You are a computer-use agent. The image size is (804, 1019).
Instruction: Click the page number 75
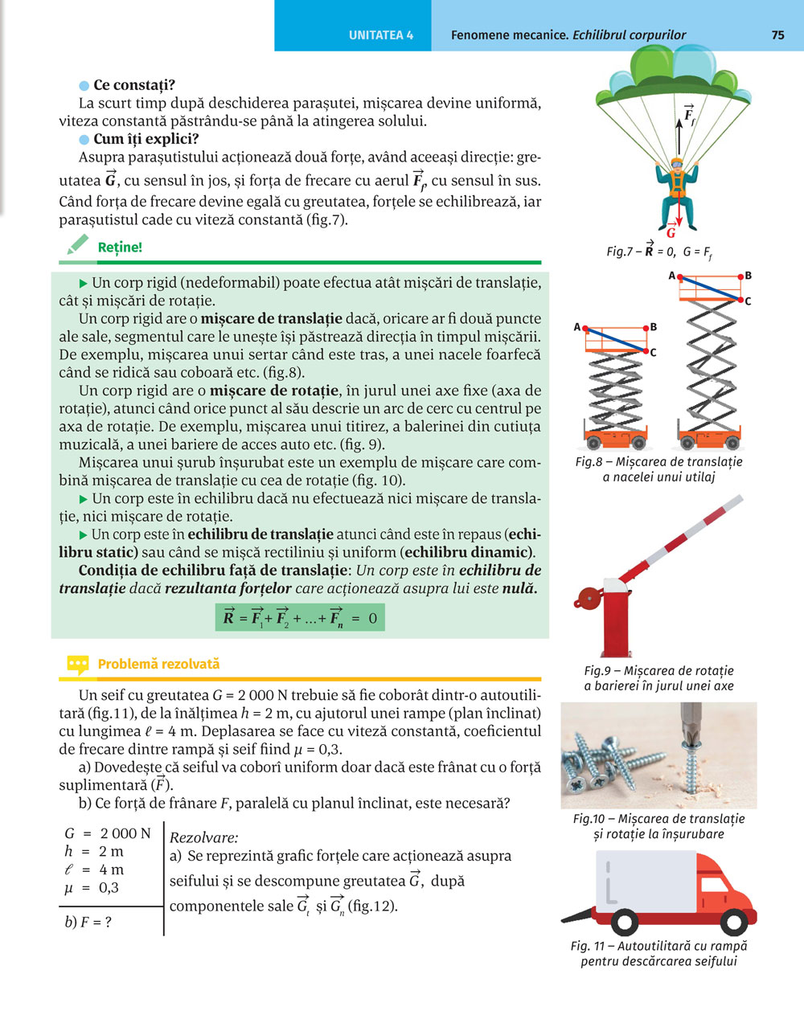click(x=777, y=35)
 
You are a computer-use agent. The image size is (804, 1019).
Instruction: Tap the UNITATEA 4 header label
click(x=381, y=35)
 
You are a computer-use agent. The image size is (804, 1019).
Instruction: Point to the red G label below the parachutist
click(x=671, y=233)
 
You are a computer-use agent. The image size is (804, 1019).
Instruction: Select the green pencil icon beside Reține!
click(x=76, y=246)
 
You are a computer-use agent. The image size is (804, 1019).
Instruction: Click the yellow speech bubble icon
click(x=77, y=665)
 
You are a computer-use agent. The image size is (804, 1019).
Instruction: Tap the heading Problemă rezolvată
click(x=158, y=665)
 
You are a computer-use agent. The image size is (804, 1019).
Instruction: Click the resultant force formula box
click(x=300, y=617)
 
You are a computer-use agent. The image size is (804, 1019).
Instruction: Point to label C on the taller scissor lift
click(x=749, y=301)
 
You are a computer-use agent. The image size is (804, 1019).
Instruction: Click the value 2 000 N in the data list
click(x=125, y=833)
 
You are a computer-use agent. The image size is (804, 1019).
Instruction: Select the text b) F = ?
click(x=88, y=922)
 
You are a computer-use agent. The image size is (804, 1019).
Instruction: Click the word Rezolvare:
click(x=204, y=837)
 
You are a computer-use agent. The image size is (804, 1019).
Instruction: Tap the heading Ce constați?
click(x=134, y=85)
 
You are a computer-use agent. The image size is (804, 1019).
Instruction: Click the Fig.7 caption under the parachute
click(x=658, y=252)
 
